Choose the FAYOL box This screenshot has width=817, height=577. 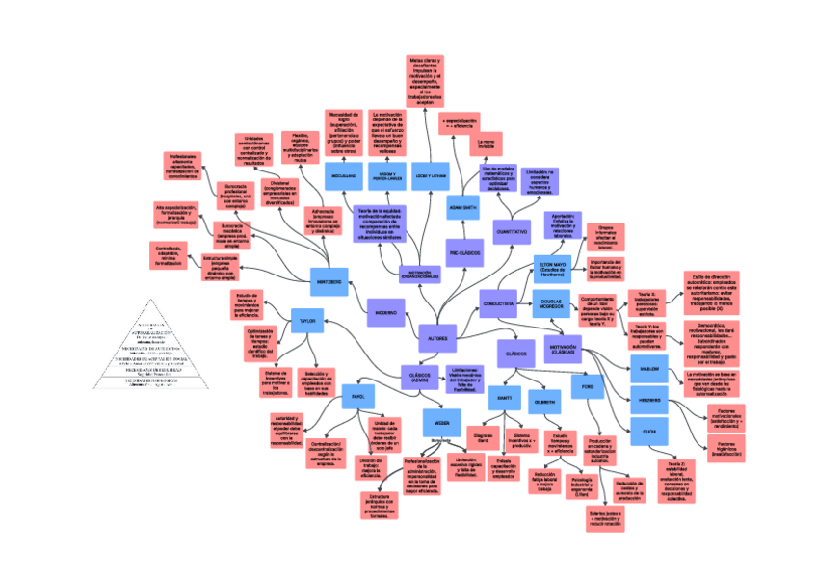click(x=357, y=396)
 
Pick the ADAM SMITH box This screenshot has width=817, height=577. click(x=463, y=207)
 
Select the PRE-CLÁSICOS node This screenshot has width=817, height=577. click(x=464, y=252)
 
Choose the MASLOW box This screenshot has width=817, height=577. click(x=647, y=367)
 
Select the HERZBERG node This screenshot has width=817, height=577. click(x=648, y=400)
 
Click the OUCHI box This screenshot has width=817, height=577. click(x=648, y=432)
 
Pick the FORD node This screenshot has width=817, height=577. click(x=586, y=386)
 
